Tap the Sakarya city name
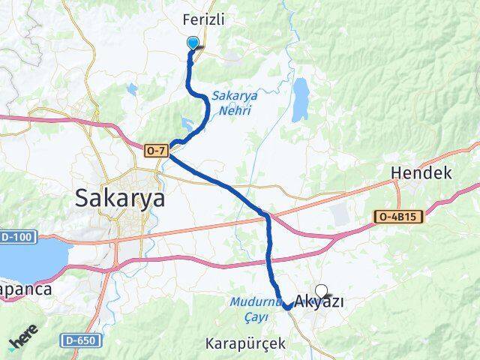120,198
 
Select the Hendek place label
421,173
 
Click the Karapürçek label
244,343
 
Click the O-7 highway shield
156,151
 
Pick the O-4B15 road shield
399,217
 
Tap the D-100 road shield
16,237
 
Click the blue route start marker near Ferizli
193,43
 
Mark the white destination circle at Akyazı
322,290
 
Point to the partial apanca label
25,288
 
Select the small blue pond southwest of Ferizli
133,89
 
